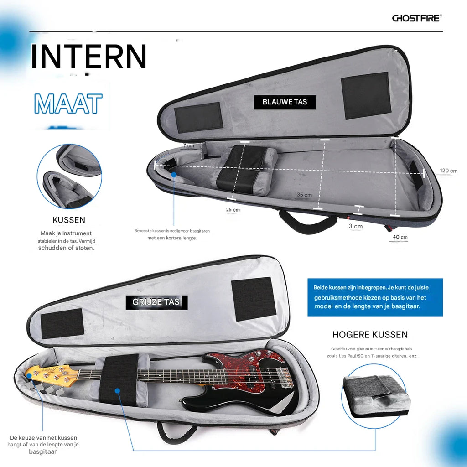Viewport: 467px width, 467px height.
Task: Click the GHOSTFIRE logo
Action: [x=417, y=18]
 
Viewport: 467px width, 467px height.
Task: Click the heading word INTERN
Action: [x=89, y=57]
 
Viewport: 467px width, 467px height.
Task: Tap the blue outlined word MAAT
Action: [x=68, y=104]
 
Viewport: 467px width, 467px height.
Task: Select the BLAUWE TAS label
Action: [x=285, y=102]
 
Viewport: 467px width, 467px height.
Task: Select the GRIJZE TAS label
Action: [x=156, y=302]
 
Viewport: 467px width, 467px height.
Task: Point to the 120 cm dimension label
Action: [x=448, y=171]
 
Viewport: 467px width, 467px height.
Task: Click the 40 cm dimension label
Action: [x=400, y=237]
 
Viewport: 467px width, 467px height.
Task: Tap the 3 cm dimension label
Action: [x=356, y=226]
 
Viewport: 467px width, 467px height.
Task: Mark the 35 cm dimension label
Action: [x=304, y=195]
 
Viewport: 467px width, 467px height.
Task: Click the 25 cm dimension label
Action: [x=233, y=210]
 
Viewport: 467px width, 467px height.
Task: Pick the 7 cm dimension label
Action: [x=188, y=145]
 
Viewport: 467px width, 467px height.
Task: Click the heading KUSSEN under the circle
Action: [x=69, y=220]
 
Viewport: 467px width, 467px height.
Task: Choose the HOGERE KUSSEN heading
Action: [x=370, y=335]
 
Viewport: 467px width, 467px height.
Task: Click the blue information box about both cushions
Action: [x=374, y=297]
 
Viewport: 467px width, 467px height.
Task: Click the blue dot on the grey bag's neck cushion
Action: [x=117, y=391]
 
